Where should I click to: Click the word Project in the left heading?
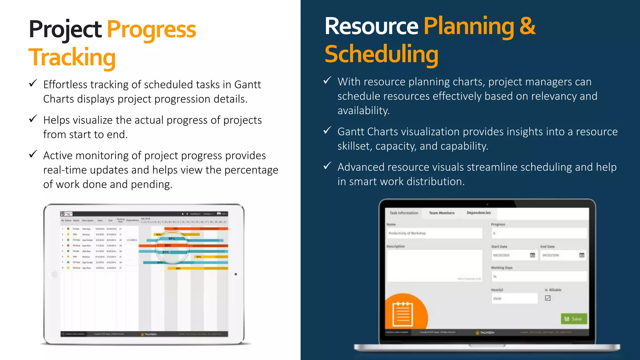pyautogui.click(x=65, y=29)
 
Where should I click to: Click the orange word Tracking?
pyautogui.click(x=72, y=57)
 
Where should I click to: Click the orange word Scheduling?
pyautogui.click(x=381, y=54)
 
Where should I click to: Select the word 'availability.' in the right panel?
pyautogui.click(x=363, y=111)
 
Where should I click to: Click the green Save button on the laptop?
pyautogui.click(x=574, y=319)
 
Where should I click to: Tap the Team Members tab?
pyautogui.click(x=442, y=213)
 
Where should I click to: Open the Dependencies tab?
pyautogui.click(x=478, y=213)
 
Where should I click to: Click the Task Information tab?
pyautogui.click(x=403, y=213)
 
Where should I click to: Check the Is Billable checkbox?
pyautogui.click(x=548, y=298)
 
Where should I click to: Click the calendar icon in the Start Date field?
pyautogui.click(x=532, y=255)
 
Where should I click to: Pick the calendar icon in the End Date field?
pyautogui.click(x=582, y=255)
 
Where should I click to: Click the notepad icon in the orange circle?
pyautogui.click(x=403, y=314)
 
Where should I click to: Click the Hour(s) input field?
pyautogui.click(x=514, y=298)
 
